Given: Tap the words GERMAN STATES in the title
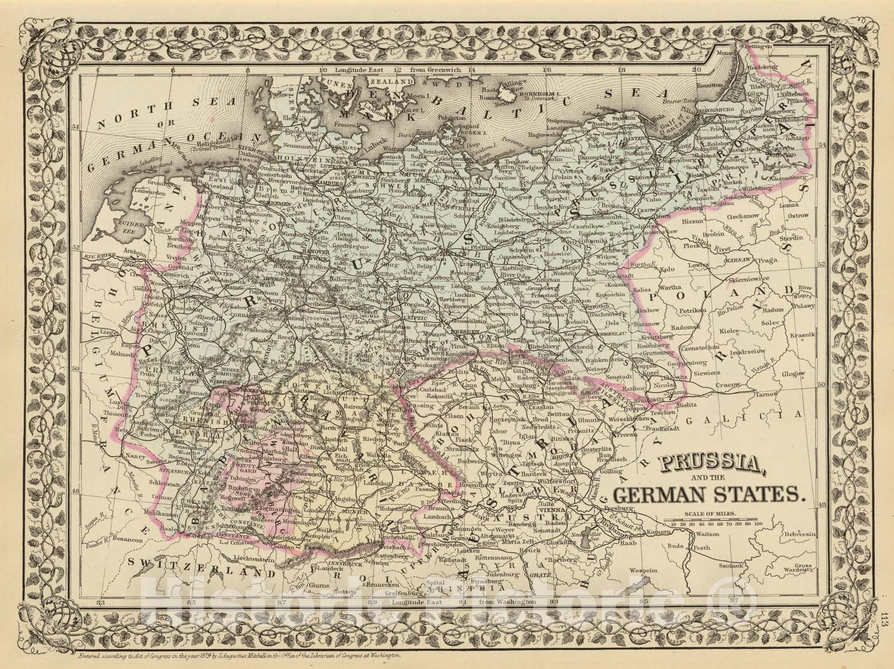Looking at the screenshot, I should click(707, 495).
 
